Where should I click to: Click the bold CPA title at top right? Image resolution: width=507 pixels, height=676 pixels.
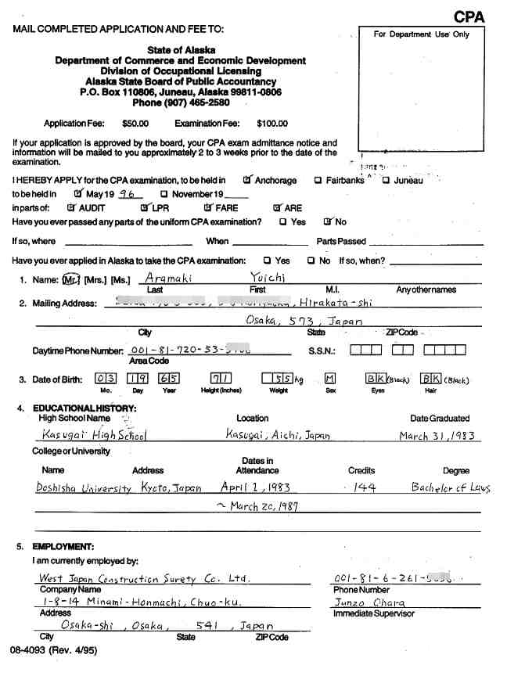[469, 16]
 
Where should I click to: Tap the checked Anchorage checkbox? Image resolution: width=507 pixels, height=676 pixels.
[247, 180]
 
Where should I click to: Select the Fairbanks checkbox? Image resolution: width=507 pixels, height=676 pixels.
[318, 181]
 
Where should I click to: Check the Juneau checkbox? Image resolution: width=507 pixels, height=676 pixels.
[387, 181]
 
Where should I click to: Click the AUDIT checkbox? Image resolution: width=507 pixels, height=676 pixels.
[71, 208]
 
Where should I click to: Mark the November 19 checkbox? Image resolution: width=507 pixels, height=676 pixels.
[164, 194]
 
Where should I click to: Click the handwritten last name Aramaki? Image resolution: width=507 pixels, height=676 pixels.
[168, 278]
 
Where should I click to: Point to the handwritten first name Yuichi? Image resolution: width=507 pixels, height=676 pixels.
[268, 278]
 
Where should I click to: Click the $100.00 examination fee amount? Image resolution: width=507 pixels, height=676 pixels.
[272, 124]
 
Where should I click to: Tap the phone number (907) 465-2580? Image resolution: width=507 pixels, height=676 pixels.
[181, 102]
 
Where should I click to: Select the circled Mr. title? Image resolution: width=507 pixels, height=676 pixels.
[72, 279]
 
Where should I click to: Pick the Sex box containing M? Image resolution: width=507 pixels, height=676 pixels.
[329, 379]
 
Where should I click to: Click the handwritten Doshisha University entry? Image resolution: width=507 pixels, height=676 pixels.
[84, 487]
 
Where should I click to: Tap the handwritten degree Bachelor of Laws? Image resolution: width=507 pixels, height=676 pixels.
[451, 487]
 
